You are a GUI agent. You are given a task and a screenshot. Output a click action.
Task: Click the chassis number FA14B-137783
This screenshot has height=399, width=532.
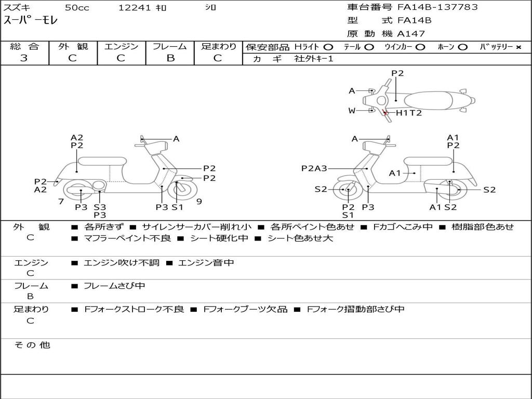click(437, 7)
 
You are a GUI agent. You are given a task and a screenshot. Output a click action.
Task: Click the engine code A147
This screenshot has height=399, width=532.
click(411, 34)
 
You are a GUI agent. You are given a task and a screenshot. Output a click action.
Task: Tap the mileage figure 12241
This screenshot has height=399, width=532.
click(135, 8)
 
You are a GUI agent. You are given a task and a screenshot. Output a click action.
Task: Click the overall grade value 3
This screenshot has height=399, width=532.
click(24, 58)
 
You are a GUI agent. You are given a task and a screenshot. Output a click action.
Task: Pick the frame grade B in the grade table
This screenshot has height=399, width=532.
click(170, 58)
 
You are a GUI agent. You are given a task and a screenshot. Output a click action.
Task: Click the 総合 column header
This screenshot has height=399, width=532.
click(24, 46)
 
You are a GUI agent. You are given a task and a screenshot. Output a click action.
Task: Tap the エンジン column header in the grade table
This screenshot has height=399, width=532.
click(121, 46)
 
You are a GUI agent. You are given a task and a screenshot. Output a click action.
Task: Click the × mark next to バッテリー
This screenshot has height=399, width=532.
click(518, 47)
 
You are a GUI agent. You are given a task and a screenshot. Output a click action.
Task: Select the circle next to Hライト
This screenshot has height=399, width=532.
click(328, 47)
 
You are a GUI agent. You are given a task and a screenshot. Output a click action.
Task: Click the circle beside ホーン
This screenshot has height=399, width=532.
click(462, 47)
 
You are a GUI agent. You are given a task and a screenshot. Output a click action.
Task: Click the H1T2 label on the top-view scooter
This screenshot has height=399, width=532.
click(409, 113)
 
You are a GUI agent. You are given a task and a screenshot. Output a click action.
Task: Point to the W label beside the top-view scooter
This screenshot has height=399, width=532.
click(352, 111)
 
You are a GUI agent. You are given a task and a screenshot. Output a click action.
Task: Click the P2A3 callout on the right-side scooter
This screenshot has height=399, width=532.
click(314, 168)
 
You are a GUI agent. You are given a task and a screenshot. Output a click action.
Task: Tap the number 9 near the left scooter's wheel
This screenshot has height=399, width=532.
click(199, 201)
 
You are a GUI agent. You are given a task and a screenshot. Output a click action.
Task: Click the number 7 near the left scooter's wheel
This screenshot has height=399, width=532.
click(61, 201)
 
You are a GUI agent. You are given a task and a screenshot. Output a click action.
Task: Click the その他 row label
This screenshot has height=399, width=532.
click(32, 345)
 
